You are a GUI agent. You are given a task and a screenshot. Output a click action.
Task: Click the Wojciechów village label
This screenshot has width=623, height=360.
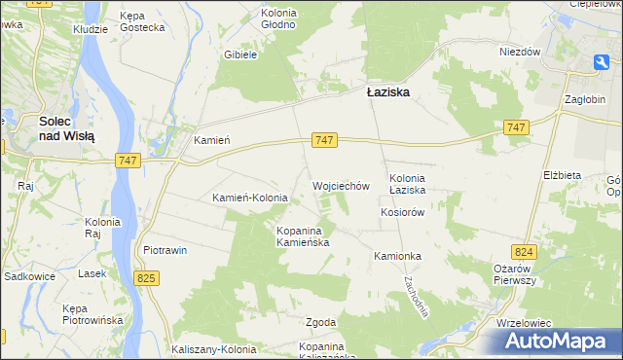(x=341, y=185)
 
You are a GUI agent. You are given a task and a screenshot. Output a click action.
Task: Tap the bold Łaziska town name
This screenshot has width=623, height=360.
(x=387, y=92)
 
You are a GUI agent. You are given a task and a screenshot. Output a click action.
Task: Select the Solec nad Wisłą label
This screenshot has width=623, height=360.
(x=66, y=129)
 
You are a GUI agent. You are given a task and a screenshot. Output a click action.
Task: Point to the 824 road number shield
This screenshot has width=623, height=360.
(x=526, y=252)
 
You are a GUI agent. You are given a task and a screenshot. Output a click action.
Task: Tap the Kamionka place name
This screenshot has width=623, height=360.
(x=397, y=256)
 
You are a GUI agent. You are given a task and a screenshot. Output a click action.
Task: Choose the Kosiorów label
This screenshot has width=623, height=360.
(x=403, y=212)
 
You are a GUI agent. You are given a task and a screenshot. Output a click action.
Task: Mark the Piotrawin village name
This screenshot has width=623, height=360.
(x=165, y=250)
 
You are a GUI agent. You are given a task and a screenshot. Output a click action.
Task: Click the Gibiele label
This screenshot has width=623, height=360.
(x=239, y=55)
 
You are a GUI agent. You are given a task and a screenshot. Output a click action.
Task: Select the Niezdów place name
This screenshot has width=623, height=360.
(x=519, y=52)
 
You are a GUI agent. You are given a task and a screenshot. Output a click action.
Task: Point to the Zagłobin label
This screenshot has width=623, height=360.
(x=587, y=99)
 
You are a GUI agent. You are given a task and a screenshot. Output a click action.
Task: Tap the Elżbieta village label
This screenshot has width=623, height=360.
(x=562, y=174)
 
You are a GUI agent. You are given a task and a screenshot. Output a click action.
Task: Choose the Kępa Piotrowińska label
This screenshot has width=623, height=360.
(x=90, y=313)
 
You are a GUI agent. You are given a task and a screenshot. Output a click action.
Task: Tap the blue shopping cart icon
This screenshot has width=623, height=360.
(x=603, y=62)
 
